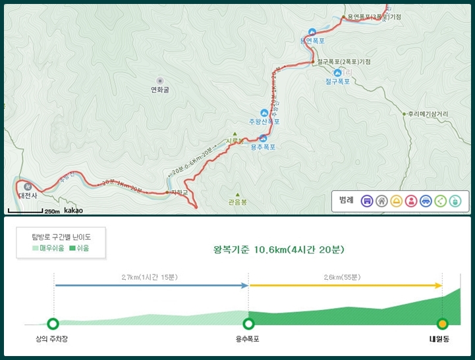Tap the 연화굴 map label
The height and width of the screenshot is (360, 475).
coord(160,90)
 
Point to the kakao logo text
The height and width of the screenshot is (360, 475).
coord(73,211)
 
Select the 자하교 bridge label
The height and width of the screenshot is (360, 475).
coord(179,193)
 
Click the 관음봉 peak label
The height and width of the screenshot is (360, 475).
coord(237,202)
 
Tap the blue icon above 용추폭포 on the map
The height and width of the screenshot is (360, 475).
coord(264,138)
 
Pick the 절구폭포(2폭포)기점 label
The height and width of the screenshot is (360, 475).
coord(343,62)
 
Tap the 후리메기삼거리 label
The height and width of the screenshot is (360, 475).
coord(428,113)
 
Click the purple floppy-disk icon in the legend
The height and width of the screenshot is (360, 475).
coord(368,201)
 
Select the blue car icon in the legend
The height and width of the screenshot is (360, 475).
coord(426,201)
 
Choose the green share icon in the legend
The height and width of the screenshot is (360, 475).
coord(440,201)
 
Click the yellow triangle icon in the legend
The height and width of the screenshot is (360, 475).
coord(397,201)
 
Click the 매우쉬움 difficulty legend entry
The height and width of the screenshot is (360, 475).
coord(49,248)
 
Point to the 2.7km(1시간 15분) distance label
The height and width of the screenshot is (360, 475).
coord(149,277)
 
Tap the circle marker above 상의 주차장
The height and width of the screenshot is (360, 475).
coord(53,323)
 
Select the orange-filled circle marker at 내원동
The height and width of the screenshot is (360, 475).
coord(442,323)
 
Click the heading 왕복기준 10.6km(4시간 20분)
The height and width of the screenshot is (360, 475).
coord(279,249)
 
